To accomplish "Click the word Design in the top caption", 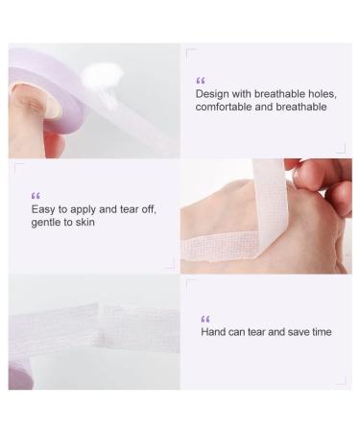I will (212, 93).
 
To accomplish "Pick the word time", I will (321, 331).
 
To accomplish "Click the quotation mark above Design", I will (200, 81).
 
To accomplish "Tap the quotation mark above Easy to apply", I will (36, 195).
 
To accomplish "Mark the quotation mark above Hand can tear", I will (204, 319).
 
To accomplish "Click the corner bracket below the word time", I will (340, 381).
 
